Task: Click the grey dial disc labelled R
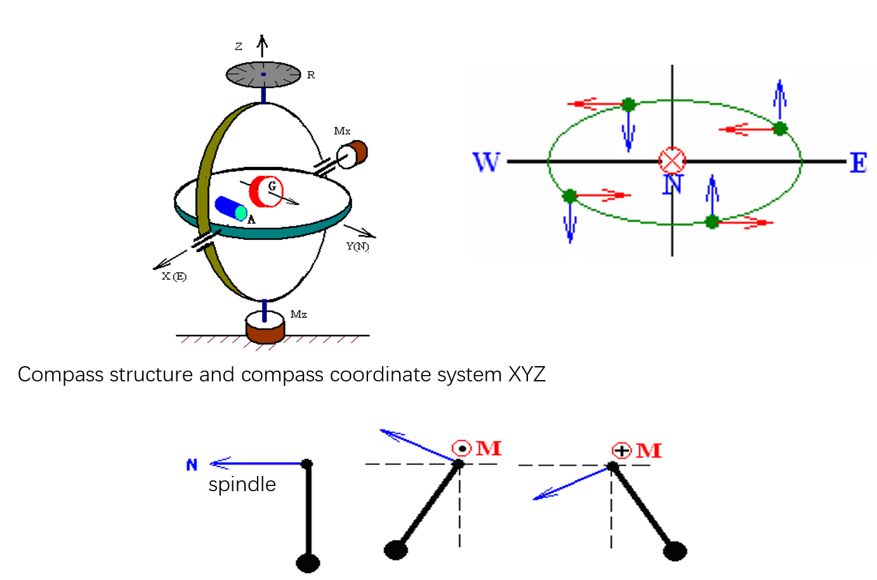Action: [263, 74]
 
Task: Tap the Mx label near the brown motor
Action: [342, 131]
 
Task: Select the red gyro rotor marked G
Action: [265, 191]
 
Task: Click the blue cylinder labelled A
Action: [230, 208]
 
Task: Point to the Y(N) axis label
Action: [358, 246]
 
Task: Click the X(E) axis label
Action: [174, 276]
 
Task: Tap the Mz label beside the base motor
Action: [298, 314]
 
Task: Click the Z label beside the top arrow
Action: [239, 46]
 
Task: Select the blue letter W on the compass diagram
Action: [486, 162]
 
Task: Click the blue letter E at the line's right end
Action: [858, 163]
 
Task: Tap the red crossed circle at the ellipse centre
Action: [672, 161]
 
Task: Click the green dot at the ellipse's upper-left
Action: [628, 105]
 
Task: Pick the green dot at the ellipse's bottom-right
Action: [712, 221]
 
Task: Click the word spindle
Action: [242, 484]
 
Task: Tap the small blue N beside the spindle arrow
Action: [192, 465]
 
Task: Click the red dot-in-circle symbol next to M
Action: [462, 449]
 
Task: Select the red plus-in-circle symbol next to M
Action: [621, 451]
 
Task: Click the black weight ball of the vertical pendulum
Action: [308, 563]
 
